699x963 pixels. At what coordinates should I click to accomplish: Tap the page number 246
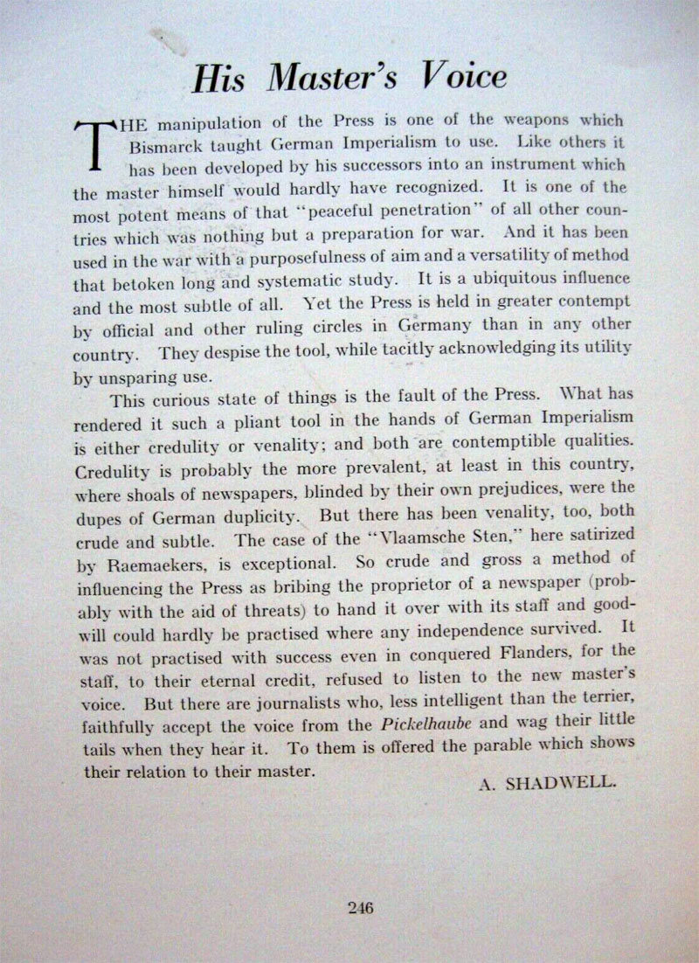359,907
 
